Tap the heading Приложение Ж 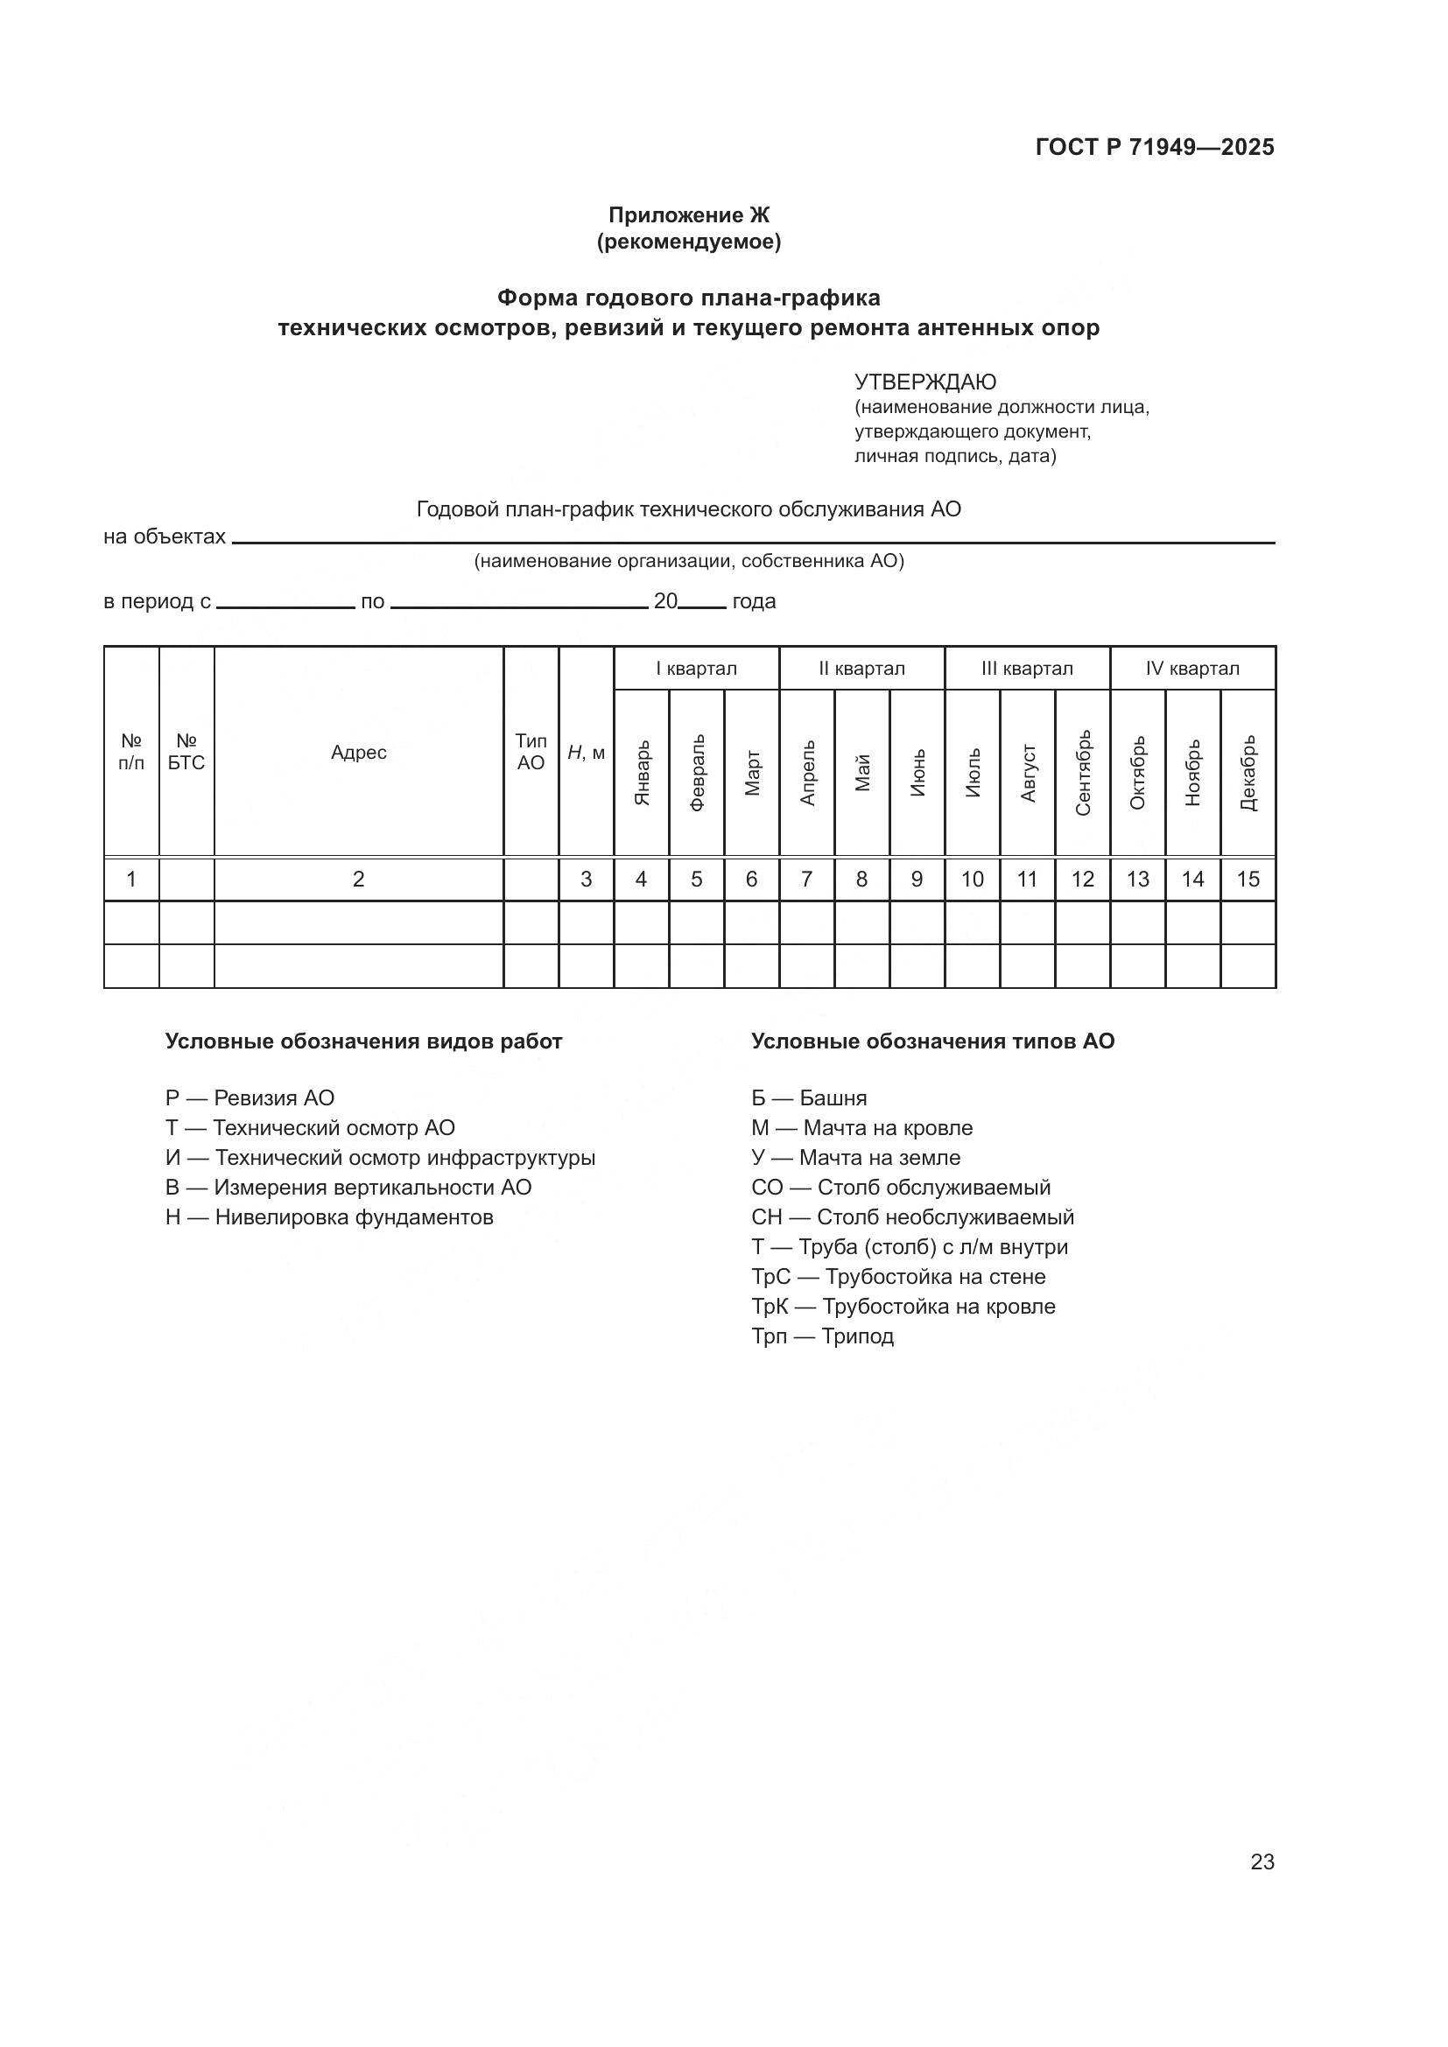point(688,215)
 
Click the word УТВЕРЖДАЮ point(924,382)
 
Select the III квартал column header point(1026,669)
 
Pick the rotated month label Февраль point(697,772)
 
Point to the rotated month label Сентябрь point(1082,772)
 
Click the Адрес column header point(358,753)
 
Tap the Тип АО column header point(531,753)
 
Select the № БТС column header point(186,753)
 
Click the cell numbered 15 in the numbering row point(1248,880)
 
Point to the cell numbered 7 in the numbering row point(806,880)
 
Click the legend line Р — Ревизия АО point(250,1098)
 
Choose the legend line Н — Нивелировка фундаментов point(329,1218)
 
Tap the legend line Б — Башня point(809,1098)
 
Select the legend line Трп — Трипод point(822,1336)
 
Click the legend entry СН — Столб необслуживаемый point(912,1218)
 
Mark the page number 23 point(1262,1861)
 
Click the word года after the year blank point(754,602)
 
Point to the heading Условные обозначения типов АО point(931,1041)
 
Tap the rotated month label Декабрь point(1248,772)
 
